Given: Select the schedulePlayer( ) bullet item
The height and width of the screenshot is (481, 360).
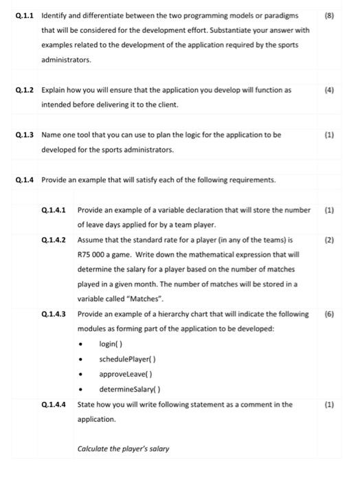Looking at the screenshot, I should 127,359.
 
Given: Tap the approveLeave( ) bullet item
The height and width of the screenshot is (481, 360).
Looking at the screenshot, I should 124,374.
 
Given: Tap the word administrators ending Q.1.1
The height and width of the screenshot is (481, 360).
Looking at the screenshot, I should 66,60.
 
